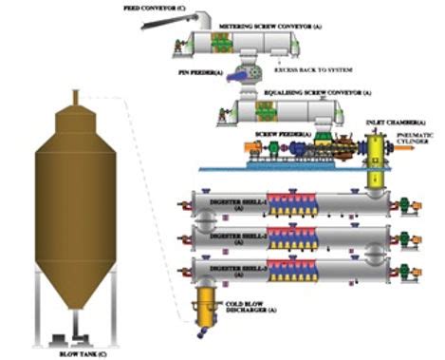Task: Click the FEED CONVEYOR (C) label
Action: (154, 7)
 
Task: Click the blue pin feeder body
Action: (244, 74)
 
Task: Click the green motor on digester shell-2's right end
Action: (401, 235)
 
